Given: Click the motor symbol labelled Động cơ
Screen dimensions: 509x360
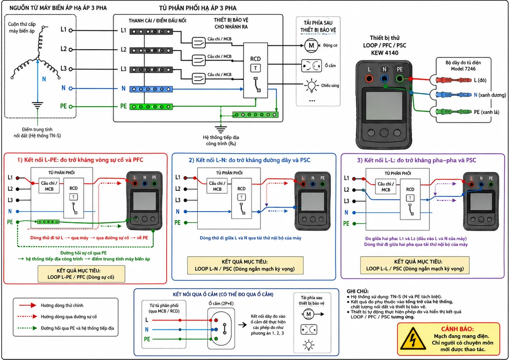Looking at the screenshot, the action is [x=311, y=45].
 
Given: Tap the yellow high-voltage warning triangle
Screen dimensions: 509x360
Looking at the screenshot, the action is [x=413, y=339].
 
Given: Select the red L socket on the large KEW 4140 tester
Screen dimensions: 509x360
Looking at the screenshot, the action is [x=369, y=79].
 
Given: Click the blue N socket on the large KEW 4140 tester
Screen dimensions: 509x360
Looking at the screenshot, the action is [x=384, y=79].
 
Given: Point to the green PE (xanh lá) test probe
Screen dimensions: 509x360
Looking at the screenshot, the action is [x=453, y=112].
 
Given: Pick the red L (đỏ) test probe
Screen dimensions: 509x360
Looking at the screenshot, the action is [x=453, y=80].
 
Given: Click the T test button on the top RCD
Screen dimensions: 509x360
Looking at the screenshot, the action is [x=255, y=68].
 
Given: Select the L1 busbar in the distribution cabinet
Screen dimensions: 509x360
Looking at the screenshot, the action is [x=151, y=31].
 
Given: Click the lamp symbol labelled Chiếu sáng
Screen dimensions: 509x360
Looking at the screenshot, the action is [x=311, y=86].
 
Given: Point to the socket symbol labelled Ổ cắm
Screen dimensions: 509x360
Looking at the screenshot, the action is [x=311, y=66].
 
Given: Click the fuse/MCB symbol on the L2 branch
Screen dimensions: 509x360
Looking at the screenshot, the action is [x=199, y=60].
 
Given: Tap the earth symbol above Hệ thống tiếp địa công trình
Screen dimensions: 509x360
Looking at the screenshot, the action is [x=221, y=129].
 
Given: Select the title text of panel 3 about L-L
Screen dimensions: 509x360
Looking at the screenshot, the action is [x=416, y=160].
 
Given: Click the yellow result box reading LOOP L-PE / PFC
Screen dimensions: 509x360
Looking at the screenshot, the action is [x=81, y=274].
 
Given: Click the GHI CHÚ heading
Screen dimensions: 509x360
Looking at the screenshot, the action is [x=358, y=291].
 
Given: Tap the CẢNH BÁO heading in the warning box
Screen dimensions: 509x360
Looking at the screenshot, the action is [x=457, y=329].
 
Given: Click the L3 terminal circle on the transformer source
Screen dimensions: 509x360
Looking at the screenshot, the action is [x=71, y=69].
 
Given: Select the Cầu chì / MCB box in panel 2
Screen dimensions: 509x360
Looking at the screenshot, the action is [x=217, y=186].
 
